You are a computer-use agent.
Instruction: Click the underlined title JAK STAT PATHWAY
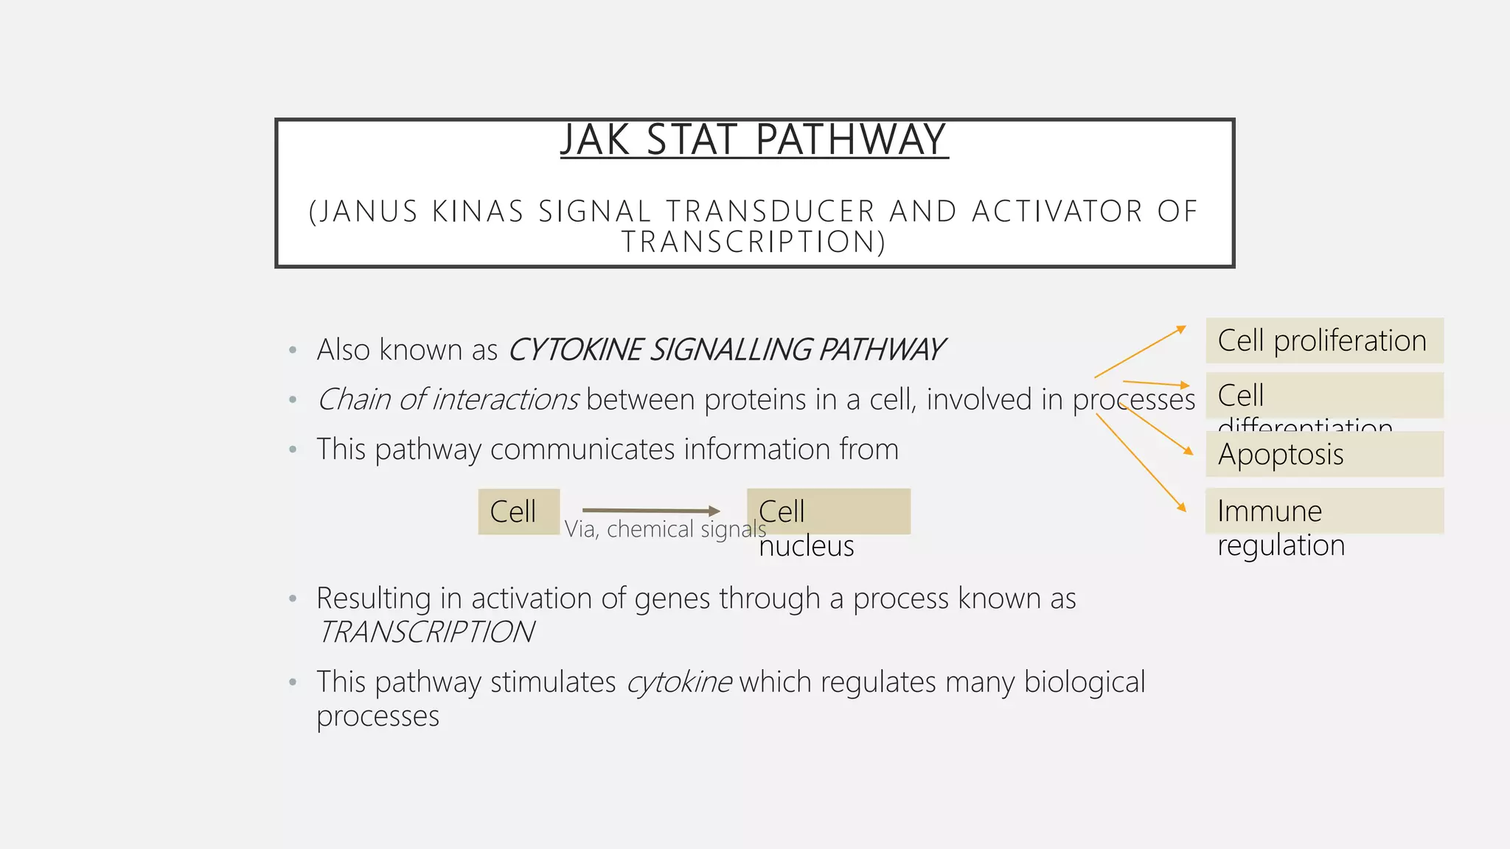pyautogui.click(x=754, y=140)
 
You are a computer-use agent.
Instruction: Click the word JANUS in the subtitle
pyautogui.click(x=369, y=212)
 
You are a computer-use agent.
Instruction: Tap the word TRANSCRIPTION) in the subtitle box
pyautogui.click(x=754, y=242)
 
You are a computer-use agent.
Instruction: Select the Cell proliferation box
pyautogui.click(x=1324, y=340)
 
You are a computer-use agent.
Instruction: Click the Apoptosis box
pyautogui.click(x=1324, y=454)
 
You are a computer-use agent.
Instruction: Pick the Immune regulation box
pyautogui.click(x=1324, y=511)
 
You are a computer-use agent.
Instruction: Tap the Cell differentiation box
pyautogui.click(x=1324, y=396)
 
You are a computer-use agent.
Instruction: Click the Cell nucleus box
pyautogui.click(x=829, y=511)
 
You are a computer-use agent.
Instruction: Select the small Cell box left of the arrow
pyautogui.click(x=518, y=511)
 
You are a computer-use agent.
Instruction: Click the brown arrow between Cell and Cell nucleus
pyautogui.click(x=649, y=510)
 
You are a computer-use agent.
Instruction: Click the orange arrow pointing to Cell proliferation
pyautogui.click(x=1140, y=352)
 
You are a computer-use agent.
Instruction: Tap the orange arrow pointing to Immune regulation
pyautogui.click(x=1140, y=461)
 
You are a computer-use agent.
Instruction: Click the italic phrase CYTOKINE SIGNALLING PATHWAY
pyautogui.click(x=726, y=350)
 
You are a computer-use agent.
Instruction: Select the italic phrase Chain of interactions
pyautogui.click(x=448, y=399)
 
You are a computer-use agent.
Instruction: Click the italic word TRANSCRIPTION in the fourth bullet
pyautogui.click(x=426, y=632)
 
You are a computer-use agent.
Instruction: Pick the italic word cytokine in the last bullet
pyautogui.click(x=679, y=682)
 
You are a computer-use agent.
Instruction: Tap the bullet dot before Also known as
pyautogui.click(x=293, y=350)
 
